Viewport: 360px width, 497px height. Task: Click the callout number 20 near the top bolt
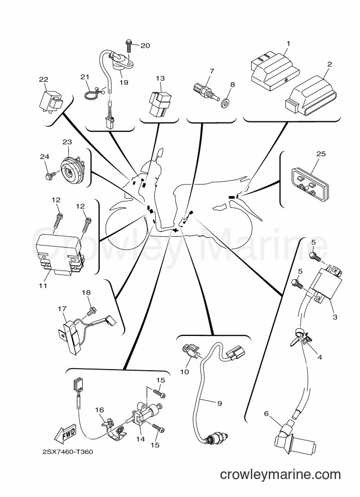tap(145, 46)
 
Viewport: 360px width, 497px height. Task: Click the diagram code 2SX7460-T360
tap(68, 451)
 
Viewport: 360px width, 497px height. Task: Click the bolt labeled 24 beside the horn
tap(51, 175)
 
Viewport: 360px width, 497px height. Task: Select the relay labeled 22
tap(51, 99)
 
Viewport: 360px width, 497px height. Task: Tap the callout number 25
tap(321, 154)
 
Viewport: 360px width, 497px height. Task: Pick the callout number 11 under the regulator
tap(43, 286)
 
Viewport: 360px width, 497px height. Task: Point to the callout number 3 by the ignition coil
tap(335, 317)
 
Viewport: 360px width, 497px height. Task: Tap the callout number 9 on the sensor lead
tap(219, 403)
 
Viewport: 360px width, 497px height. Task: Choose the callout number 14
tap(140, 439)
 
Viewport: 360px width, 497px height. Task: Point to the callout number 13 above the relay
tap(161, 78)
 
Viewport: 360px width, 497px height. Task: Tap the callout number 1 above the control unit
tap(288, 44)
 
